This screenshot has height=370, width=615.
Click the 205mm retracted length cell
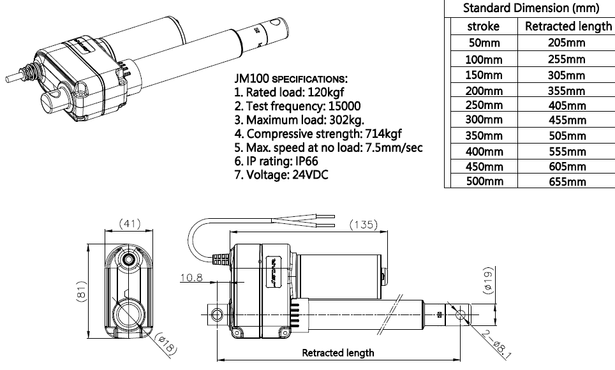coord(567,43)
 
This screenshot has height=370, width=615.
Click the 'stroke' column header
coord(484,27)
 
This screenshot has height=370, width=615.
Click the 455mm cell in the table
coord(567,120)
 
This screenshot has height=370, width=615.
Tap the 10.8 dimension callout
coord(191,278)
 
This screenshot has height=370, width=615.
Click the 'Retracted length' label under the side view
coord(337,352)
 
